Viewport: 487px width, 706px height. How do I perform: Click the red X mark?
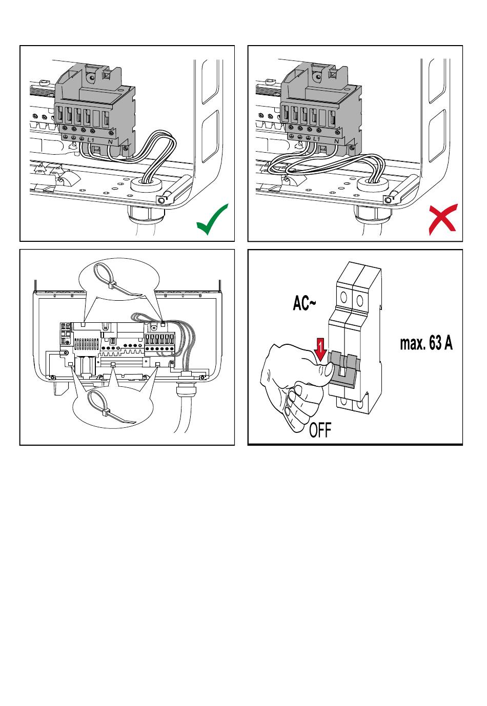click(442, 219)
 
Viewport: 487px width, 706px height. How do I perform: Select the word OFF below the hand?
click(320, 429)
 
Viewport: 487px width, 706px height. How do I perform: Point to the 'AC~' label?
click(304, 303)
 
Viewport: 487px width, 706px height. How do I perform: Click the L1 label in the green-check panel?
click(91, 139)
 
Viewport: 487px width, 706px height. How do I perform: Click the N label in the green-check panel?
click(110, 142)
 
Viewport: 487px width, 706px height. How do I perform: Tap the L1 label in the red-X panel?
click(317, 139)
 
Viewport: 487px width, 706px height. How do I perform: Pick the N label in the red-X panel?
click(336, 141)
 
